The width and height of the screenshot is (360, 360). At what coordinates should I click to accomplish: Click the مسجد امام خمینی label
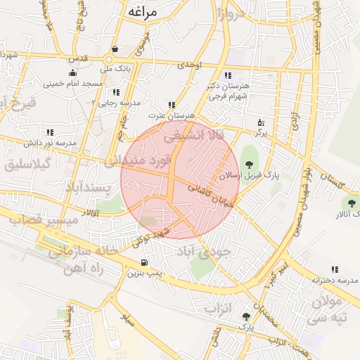(x=73, y=84)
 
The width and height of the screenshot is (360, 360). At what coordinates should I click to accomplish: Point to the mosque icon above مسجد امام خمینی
(x=73, y=72)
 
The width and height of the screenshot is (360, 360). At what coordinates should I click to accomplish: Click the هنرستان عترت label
(x=171, y=115)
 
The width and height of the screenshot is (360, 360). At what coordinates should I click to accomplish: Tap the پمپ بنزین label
(x=141, y=273)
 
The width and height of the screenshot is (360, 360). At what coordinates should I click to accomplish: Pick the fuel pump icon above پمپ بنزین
(x=144, y=263)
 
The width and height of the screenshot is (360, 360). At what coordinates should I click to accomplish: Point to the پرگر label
(x=260, y=131)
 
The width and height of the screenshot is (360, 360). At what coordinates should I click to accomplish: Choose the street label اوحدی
(x=190, y=65)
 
